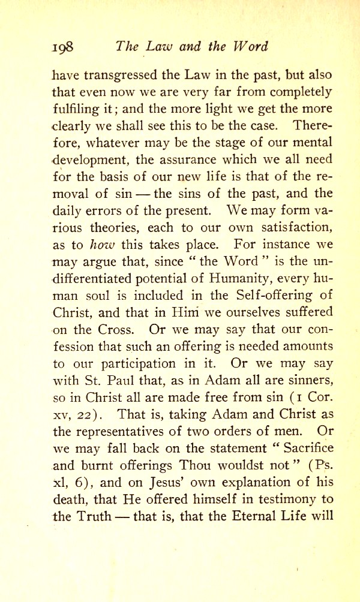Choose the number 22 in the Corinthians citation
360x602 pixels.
click(92, 414)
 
